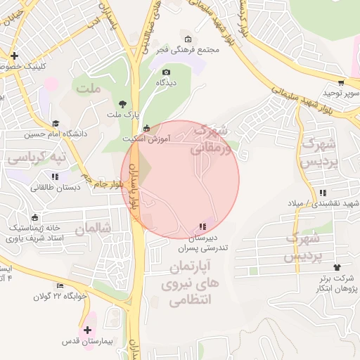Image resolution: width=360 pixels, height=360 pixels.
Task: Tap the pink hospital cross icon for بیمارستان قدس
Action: pos(88,330)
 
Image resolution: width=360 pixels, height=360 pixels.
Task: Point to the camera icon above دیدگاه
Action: pos(166,72)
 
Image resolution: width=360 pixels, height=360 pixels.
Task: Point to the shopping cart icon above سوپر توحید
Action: pos(342,82)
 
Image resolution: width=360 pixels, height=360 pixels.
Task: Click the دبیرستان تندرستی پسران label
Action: pos(202,243)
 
